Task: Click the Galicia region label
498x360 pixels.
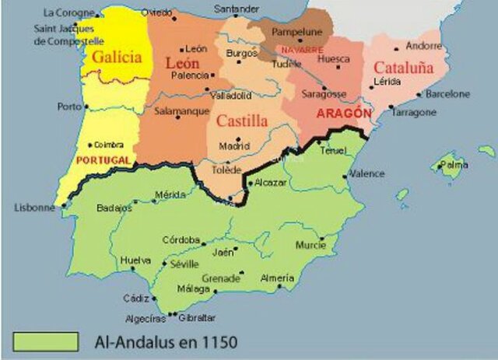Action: point(117,58)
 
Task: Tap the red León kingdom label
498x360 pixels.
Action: point(182,63)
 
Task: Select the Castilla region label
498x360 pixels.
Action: point(242,121)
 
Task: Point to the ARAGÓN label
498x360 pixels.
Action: point(343,113)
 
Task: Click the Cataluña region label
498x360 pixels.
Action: point(404,68)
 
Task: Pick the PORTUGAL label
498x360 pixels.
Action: point(103,159)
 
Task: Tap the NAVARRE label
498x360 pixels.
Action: point(302,50)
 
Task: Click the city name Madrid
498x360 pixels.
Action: point(234,145)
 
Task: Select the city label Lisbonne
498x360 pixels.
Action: point(35,208)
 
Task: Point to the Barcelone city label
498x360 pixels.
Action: point(447,94)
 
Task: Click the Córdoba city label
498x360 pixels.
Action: point(181,239)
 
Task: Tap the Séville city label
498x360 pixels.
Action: point(184,264)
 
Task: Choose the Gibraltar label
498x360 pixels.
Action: point(196,317)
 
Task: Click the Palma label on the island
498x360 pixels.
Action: point(453,165)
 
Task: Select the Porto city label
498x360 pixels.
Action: point(69,107)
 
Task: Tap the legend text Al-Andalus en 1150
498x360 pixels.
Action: point(165,341)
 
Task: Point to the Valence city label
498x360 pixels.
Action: point(366,174)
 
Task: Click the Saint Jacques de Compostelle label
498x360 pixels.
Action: point(69,34)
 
